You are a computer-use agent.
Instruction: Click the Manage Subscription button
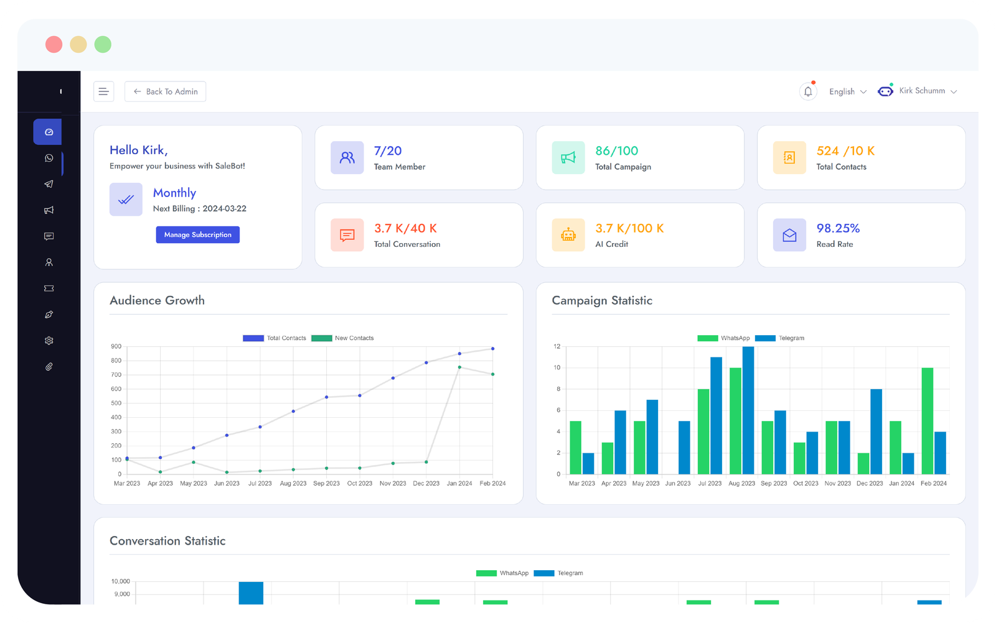(x=197, y=234)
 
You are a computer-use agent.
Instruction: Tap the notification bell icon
(x=808, y=91)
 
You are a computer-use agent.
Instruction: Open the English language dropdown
(x=847, y=91)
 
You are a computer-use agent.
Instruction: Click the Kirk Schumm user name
(x=922, y=91)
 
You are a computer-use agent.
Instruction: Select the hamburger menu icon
(x=103, y=91)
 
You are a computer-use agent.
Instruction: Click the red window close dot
(x=54, y=45)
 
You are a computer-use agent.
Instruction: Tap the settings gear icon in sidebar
(x=49, y=341)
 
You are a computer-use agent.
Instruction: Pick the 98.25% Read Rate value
(x=838, y=228)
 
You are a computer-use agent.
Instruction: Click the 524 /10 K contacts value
(x=845, y=150)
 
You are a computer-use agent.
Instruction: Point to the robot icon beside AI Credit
(x=568, y=235)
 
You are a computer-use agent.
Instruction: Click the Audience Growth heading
(x=157, y=300)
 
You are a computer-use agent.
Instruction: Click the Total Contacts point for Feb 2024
(x=492, y=349)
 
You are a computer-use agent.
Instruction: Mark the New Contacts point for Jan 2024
(x=459, y=367)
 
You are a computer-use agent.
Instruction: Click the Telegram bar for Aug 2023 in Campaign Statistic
(x=748, y=410)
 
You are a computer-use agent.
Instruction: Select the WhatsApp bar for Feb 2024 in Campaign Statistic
(x=928, y=421)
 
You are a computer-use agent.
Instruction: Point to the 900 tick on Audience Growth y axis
(x=116, y=346)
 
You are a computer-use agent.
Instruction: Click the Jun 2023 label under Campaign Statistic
(x=677, y=483)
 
